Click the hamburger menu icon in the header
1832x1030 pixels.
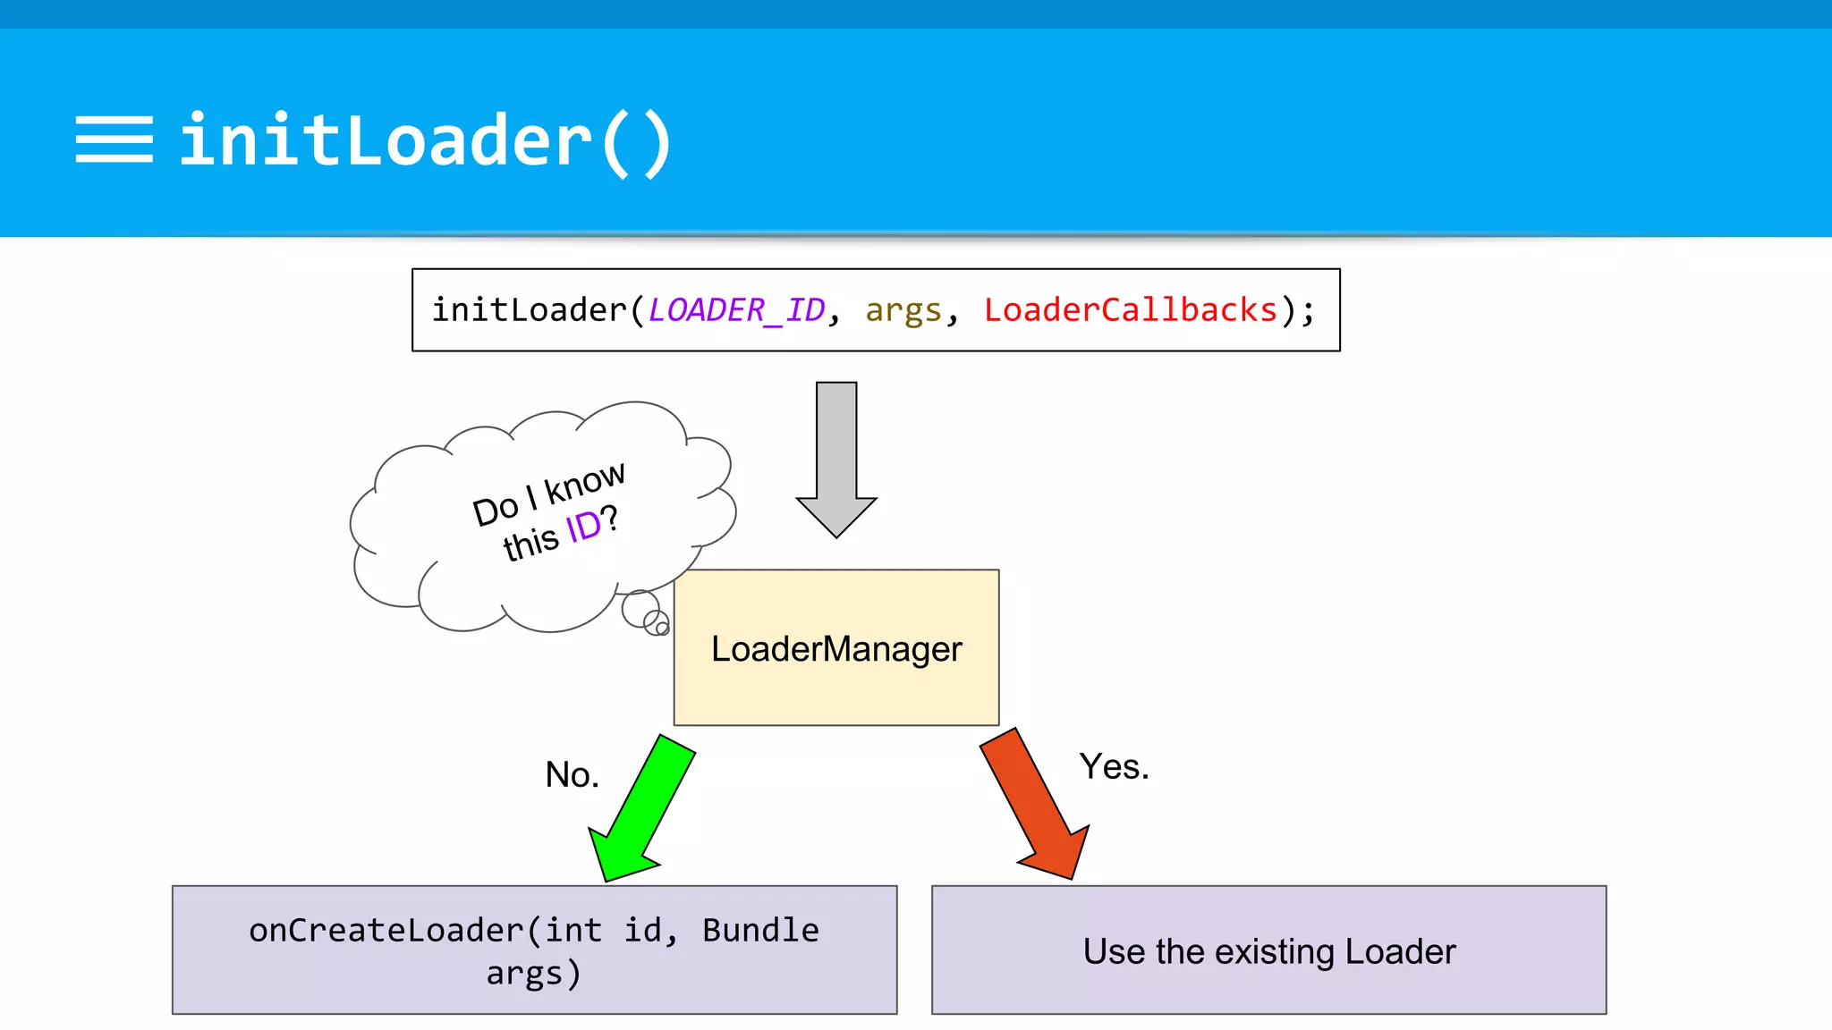(x=114, y=139)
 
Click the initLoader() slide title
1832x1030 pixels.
(x=426, y=141)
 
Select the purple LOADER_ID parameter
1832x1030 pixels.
(x=736, y=310)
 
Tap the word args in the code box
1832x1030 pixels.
(x=903, y=310)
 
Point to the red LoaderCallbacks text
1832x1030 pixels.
(x=1131, y=310)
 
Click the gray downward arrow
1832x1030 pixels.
(x=836, y=460)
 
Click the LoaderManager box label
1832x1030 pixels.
(x=836, y=649)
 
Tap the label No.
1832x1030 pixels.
(x=572, y=774)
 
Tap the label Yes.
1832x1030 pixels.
(x=1114, y=766)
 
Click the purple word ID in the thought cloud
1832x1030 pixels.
(x=583, y=528)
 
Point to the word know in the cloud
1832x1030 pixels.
(x=585, y=483)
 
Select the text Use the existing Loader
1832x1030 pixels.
(x=1269, y=951)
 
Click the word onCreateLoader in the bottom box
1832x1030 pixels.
(x=386, y=931)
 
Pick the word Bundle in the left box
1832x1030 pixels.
(x=760, y=931)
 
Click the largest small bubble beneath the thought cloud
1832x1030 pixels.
(x=640, y=608)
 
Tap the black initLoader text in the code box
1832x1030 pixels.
(x=530, y=310)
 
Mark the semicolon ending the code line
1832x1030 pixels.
(x=1309, y=311)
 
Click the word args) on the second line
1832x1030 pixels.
(x=534, y=974)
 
